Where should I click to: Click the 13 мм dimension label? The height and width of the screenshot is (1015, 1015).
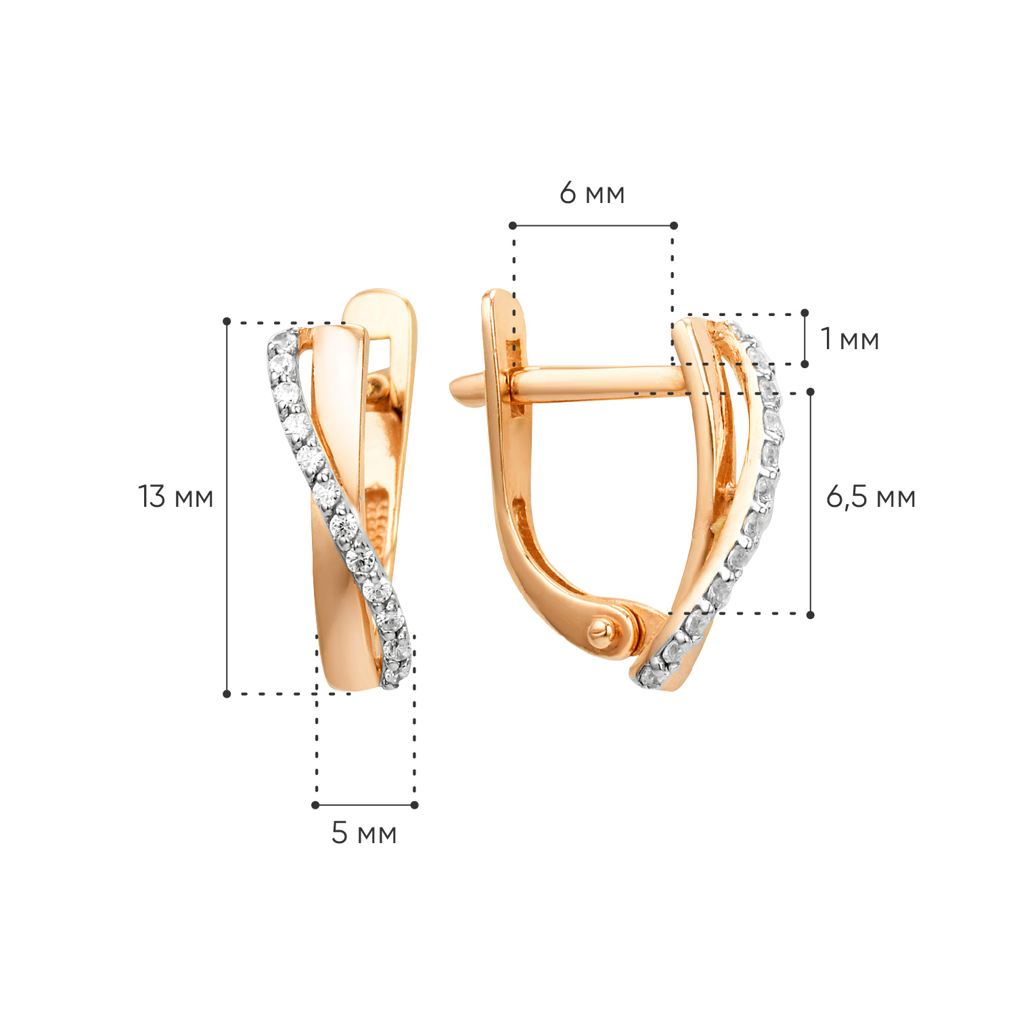click(x=176, y=497)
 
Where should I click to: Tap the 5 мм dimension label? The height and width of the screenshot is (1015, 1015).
click(x=364, y=833)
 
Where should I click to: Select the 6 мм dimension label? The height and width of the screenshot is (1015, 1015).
click(x=592, y=194)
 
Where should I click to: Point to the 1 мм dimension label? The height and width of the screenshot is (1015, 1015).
click(x=850, y=338)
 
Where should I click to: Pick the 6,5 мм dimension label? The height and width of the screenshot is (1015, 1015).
click(x=871, y=497)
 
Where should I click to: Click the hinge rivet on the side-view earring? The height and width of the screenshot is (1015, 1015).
click(x=599, y=631)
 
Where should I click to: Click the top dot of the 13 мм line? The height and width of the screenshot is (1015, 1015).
click(x=227, y=321)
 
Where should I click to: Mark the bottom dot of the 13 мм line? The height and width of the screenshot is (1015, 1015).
click(x=227, y=694)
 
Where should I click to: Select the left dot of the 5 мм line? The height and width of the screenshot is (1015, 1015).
click(x=315, y=805)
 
